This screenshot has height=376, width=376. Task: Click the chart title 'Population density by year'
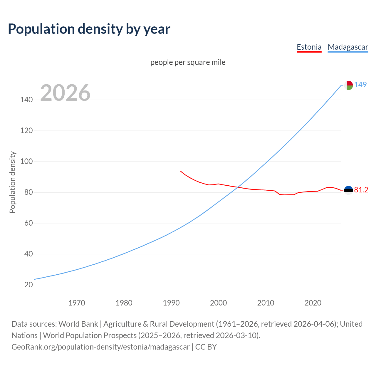pyautogui.click(x=89, y=29)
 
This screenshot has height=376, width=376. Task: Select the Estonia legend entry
pyautogui.click(x=309, y=47)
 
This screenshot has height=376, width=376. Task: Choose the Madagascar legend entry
pyautogui.click(x=348, y=47)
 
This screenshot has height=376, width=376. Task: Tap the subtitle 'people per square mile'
pyautogui.click(x=188, y=62)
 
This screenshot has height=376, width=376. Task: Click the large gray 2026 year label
pyautogui.click(x=65, y=93)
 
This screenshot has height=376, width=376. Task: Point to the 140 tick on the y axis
pyautogui.click(x=26, y=100)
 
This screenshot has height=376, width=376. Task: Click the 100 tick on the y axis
pyautogui.click(x=26, y=162)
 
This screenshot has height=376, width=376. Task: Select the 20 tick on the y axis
pyautogui.click(x=28, y=285)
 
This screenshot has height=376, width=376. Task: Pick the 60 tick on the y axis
pyautogui.click(x=28, y=223)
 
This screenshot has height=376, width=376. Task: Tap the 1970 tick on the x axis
pyautogui.click(x=77, y=303)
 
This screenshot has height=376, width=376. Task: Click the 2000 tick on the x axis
pyautogui.click(x=218, y=303)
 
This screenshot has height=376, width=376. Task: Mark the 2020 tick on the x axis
pyautogui.click(x=313, y=303)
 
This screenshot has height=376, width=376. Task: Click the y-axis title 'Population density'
pyautogui.click(x=12, y=182)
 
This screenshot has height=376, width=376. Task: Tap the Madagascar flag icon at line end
pyautogui.click(x=348, y=85)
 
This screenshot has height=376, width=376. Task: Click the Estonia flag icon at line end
pyautogui.click(x=348, y=190)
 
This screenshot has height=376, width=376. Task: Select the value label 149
pyautogui.click(x=360, y=85)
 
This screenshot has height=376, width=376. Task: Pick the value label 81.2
pyautogui.click(x=361, y=190)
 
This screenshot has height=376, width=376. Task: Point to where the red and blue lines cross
pyautogui.click(x=238, y=187)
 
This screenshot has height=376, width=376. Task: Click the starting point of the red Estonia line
pyautogui.click(x=181, y=171)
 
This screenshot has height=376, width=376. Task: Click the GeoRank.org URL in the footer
pyautogui.click(x=100, y=347)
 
